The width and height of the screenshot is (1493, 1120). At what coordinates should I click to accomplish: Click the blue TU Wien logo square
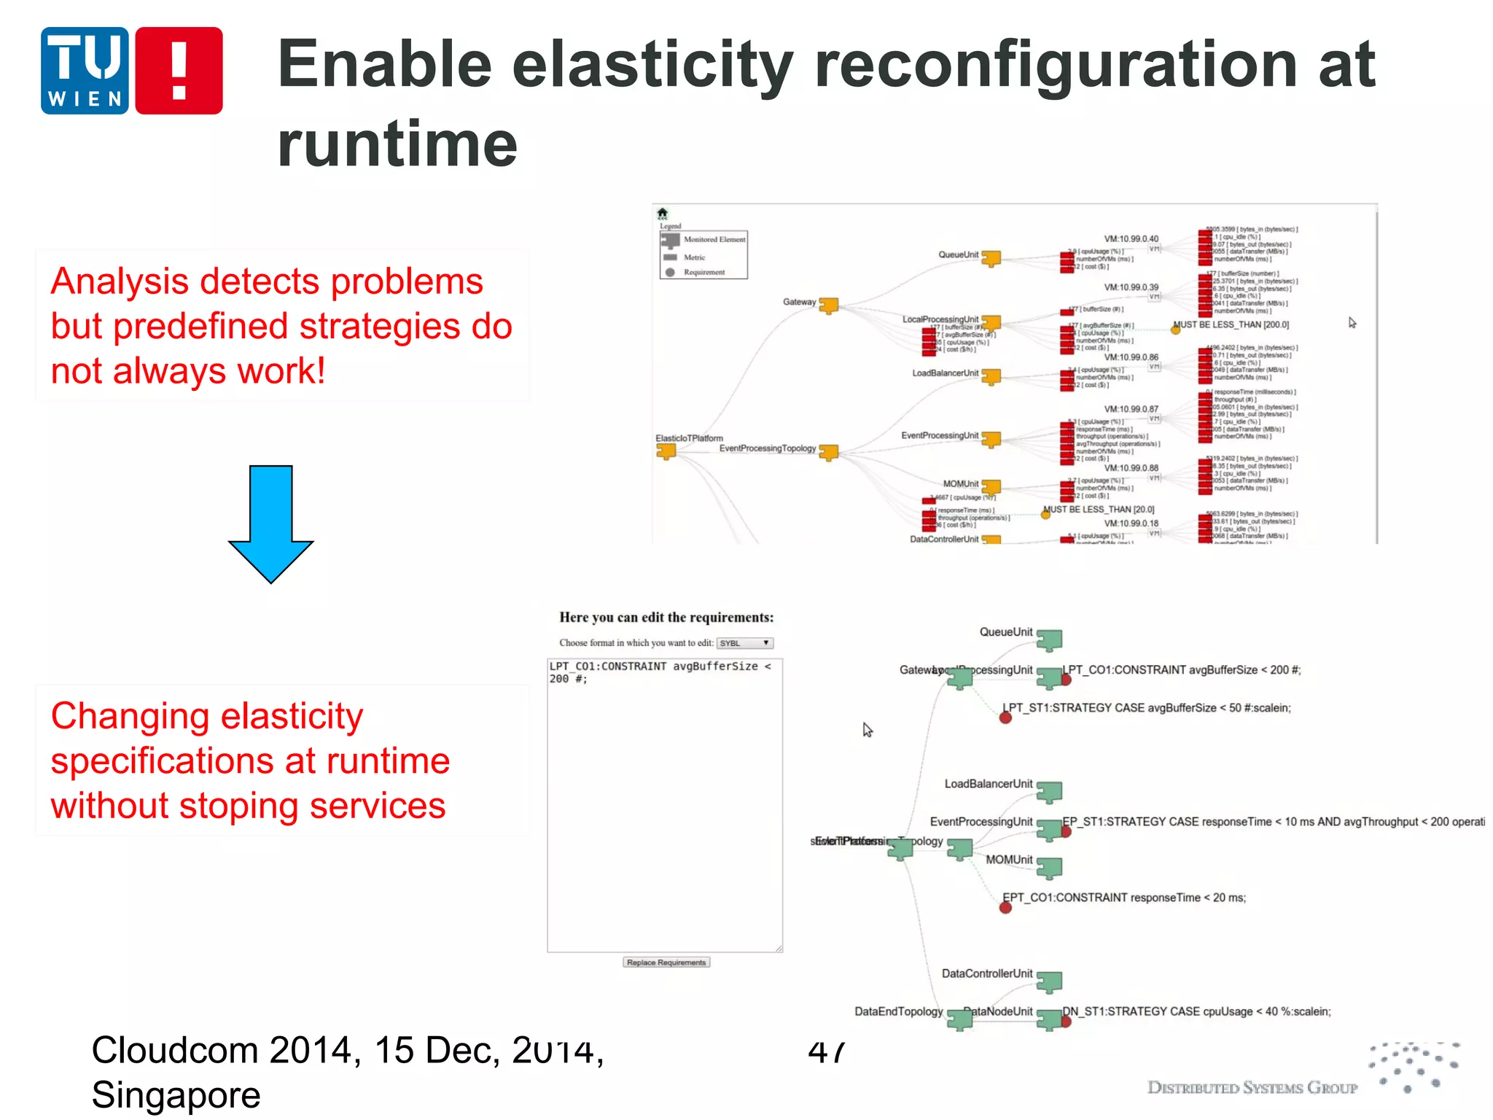tap(85, 71)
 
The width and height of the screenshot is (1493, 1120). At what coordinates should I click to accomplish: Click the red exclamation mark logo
tap(179, 71)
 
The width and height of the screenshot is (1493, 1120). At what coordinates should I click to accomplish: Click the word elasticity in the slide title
tap(652, 64)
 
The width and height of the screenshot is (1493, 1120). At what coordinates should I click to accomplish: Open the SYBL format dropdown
tap(744, 643)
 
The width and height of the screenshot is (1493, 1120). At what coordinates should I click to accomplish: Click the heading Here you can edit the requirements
tap(666, 618)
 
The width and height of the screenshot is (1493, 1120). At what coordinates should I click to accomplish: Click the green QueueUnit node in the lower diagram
tap(1049, 640)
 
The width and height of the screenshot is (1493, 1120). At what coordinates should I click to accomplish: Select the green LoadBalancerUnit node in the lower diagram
tap(1049, 792)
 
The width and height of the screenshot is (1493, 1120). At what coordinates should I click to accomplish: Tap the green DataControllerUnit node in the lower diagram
tap(1049, 981)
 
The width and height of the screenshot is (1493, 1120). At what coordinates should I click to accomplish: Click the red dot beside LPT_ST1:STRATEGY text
tap(1005, 717)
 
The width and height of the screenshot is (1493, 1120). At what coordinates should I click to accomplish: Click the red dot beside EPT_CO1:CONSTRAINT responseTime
tap(1005, 908)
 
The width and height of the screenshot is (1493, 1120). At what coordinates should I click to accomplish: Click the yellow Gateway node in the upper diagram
tap(829, 305)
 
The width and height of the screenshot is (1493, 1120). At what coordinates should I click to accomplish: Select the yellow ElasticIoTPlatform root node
tap(666, 451)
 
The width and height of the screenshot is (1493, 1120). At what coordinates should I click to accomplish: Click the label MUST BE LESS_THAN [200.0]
tap(1231, 324)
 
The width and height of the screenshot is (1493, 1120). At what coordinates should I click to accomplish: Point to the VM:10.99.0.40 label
tap(1131, 238)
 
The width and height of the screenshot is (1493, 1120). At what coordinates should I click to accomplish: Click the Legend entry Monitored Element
tap(714, 239)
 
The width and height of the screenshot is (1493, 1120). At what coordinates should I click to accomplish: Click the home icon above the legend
tap(662, 213)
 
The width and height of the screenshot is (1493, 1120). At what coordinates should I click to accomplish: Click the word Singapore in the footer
tap(176, 1095)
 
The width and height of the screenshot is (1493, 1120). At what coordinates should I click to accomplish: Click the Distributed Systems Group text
tap(1252, 1088)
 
